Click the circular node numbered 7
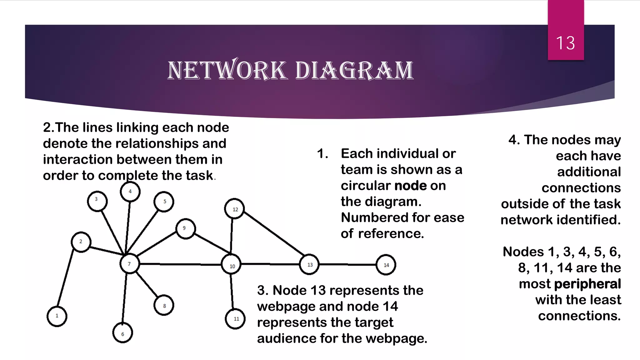(x=129, y=264)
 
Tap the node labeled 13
(x=309, y=265)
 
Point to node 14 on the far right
(x=386, y=265)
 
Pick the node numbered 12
(x=234, y=209)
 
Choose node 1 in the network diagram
(x=57, y=316)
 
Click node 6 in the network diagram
(x=122, y=333)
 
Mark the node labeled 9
(x=186, y=229)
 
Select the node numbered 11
(x=235, y=319)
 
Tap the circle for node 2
(x=81, y=242)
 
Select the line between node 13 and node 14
(x=347, y=265)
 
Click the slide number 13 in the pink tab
(x=565, y=43)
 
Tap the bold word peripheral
(x=587, y=284)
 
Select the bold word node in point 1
(x=411, y=186)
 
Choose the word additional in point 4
(x=589, y=172)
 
